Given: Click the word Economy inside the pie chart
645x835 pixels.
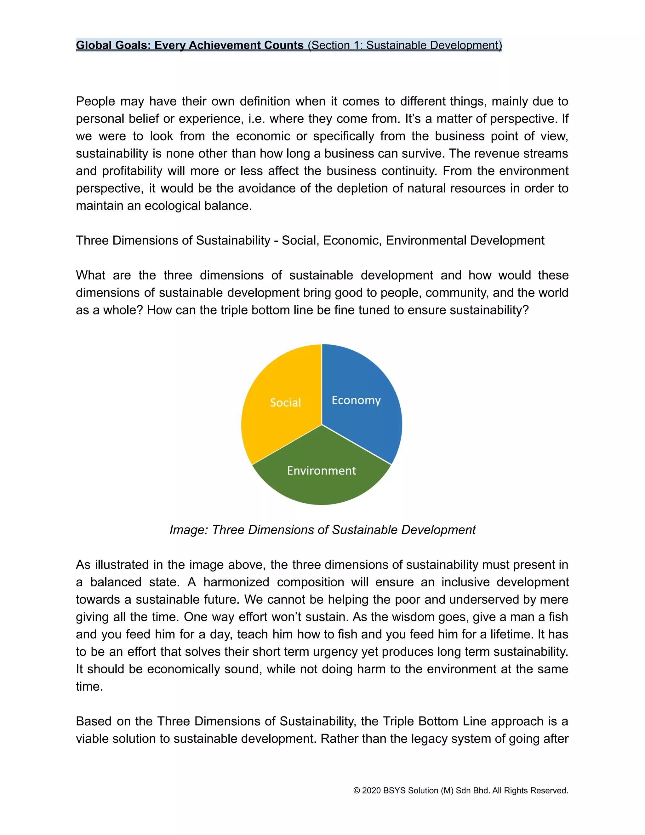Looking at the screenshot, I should pyautogui.click(x=356, y=400).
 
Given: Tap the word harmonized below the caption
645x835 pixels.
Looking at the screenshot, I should pyautogui.click(x=236, y=582).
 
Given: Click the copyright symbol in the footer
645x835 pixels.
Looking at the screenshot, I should pyautogui.click(x=357, y=791).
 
